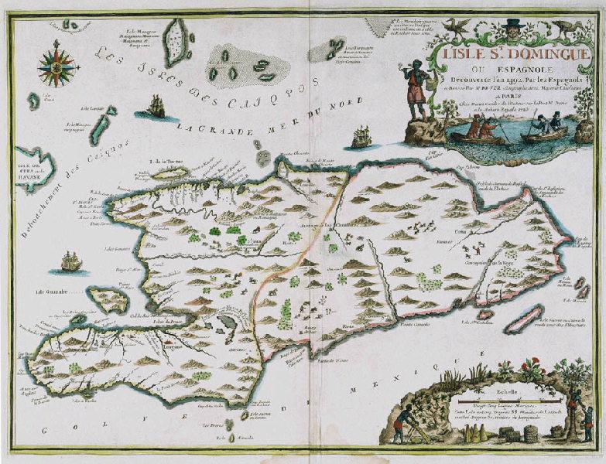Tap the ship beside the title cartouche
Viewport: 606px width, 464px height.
point(361,137)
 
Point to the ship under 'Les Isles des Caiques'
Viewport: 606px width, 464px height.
point(156,107)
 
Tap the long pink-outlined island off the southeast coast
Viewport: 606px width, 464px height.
point(525,319)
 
